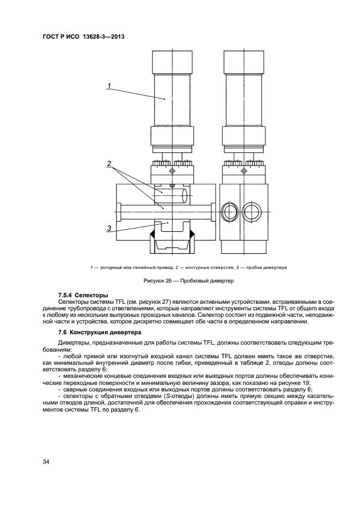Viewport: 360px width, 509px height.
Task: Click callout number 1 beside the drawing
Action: pyautogui.click(x=109, y=85)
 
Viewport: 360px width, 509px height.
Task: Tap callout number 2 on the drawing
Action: pyautogui.click(x=109, y=163)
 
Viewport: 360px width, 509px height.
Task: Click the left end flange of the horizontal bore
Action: pyautogui.click(x=118, y=212)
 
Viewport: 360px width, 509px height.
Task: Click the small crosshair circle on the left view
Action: pyautogui.click(x=173, y=171)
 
